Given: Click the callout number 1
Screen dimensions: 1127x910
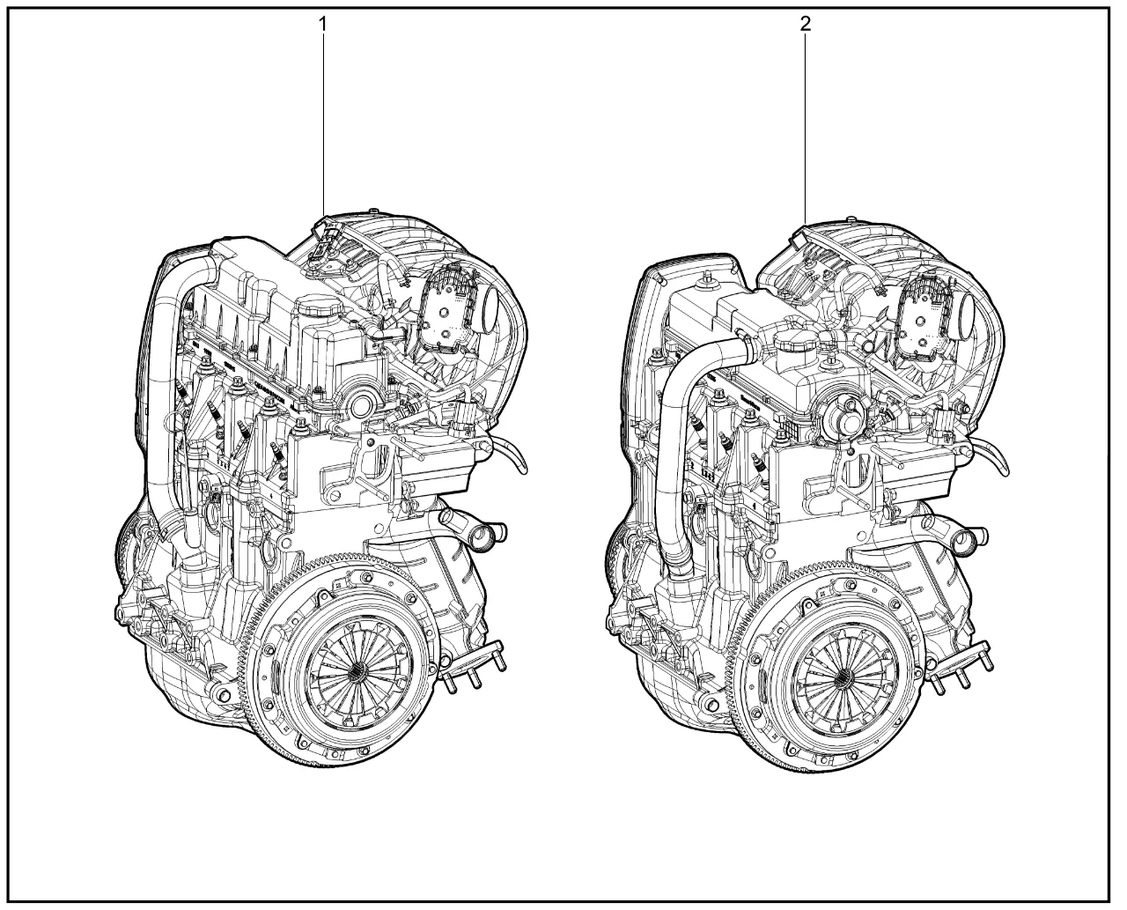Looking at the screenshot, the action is coord(322,24).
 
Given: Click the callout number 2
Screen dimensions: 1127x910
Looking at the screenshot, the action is coord(806,24).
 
